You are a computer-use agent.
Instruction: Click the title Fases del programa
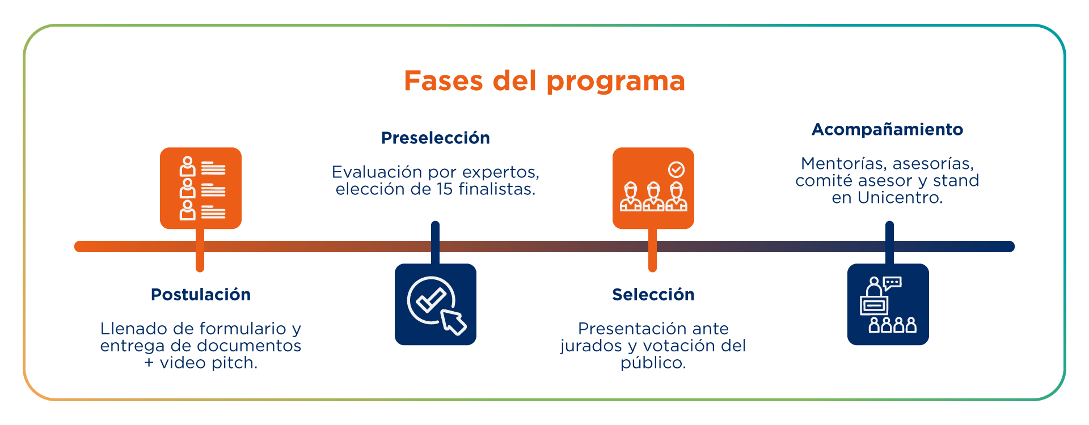coord(544,81)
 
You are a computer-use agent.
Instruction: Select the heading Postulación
coord(201,295)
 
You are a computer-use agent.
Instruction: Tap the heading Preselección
coord(436,138)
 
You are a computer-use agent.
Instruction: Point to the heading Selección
coord(653,295)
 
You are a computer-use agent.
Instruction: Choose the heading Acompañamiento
coord(888,130)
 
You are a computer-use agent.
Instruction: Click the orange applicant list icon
coord(201,188)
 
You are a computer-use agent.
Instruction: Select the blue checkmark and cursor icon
coord(436,304)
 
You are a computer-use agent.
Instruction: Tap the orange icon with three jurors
coord(653,188)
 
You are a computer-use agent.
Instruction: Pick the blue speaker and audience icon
coord(888,304)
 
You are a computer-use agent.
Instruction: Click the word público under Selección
coord(653,363)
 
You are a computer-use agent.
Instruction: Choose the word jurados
coord(591,346)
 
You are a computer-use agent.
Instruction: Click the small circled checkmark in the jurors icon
coord(676,169)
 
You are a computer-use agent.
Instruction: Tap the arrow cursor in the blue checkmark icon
coord(454,322)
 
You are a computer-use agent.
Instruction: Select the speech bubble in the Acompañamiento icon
coord(893,282)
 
